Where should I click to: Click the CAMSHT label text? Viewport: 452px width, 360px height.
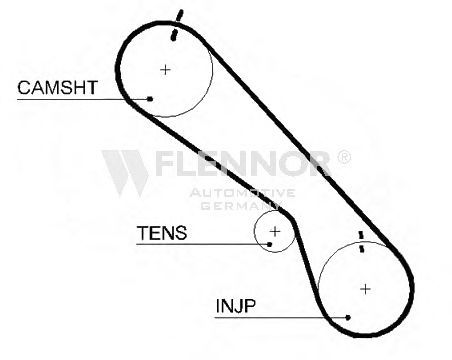click(57, 88)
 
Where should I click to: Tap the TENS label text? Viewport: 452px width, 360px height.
click(162, 233)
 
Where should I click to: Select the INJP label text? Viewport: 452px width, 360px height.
click(236, 306)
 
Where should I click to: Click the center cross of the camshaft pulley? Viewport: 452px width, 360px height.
click(165, 70)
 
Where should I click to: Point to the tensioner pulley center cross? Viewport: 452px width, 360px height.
click(275, 231)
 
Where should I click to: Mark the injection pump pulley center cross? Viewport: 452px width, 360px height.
click(366, 289)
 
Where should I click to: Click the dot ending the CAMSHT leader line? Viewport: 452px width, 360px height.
click(150, 99)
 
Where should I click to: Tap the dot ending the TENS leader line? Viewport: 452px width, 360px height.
click(270, 244)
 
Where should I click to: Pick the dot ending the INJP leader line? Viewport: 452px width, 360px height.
click(348, 317)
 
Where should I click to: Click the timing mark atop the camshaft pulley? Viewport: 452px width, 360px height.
click(177, 25)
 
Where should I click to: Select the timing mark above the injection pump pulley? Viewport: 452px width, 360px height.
click(361, 242)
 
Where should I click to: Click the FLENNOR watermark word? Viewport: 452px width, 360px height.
click(242, 163)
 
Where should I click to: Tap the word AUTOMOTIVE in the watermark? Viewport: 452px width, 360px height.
click(242, 193)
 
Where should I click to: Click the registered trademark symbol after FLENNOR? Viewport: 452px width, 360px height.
click(344, 157)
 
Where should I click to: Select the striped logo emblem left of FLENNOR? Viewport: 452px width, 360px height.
click(125, 173)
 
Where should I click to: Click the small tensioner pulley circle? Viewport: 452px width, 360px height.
click(255, 231)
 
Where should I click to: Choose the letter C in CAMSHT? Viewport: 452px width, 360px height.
click(24, 88)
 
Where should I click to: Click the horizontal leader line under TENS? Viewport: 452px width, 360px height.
click(203, 244)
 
